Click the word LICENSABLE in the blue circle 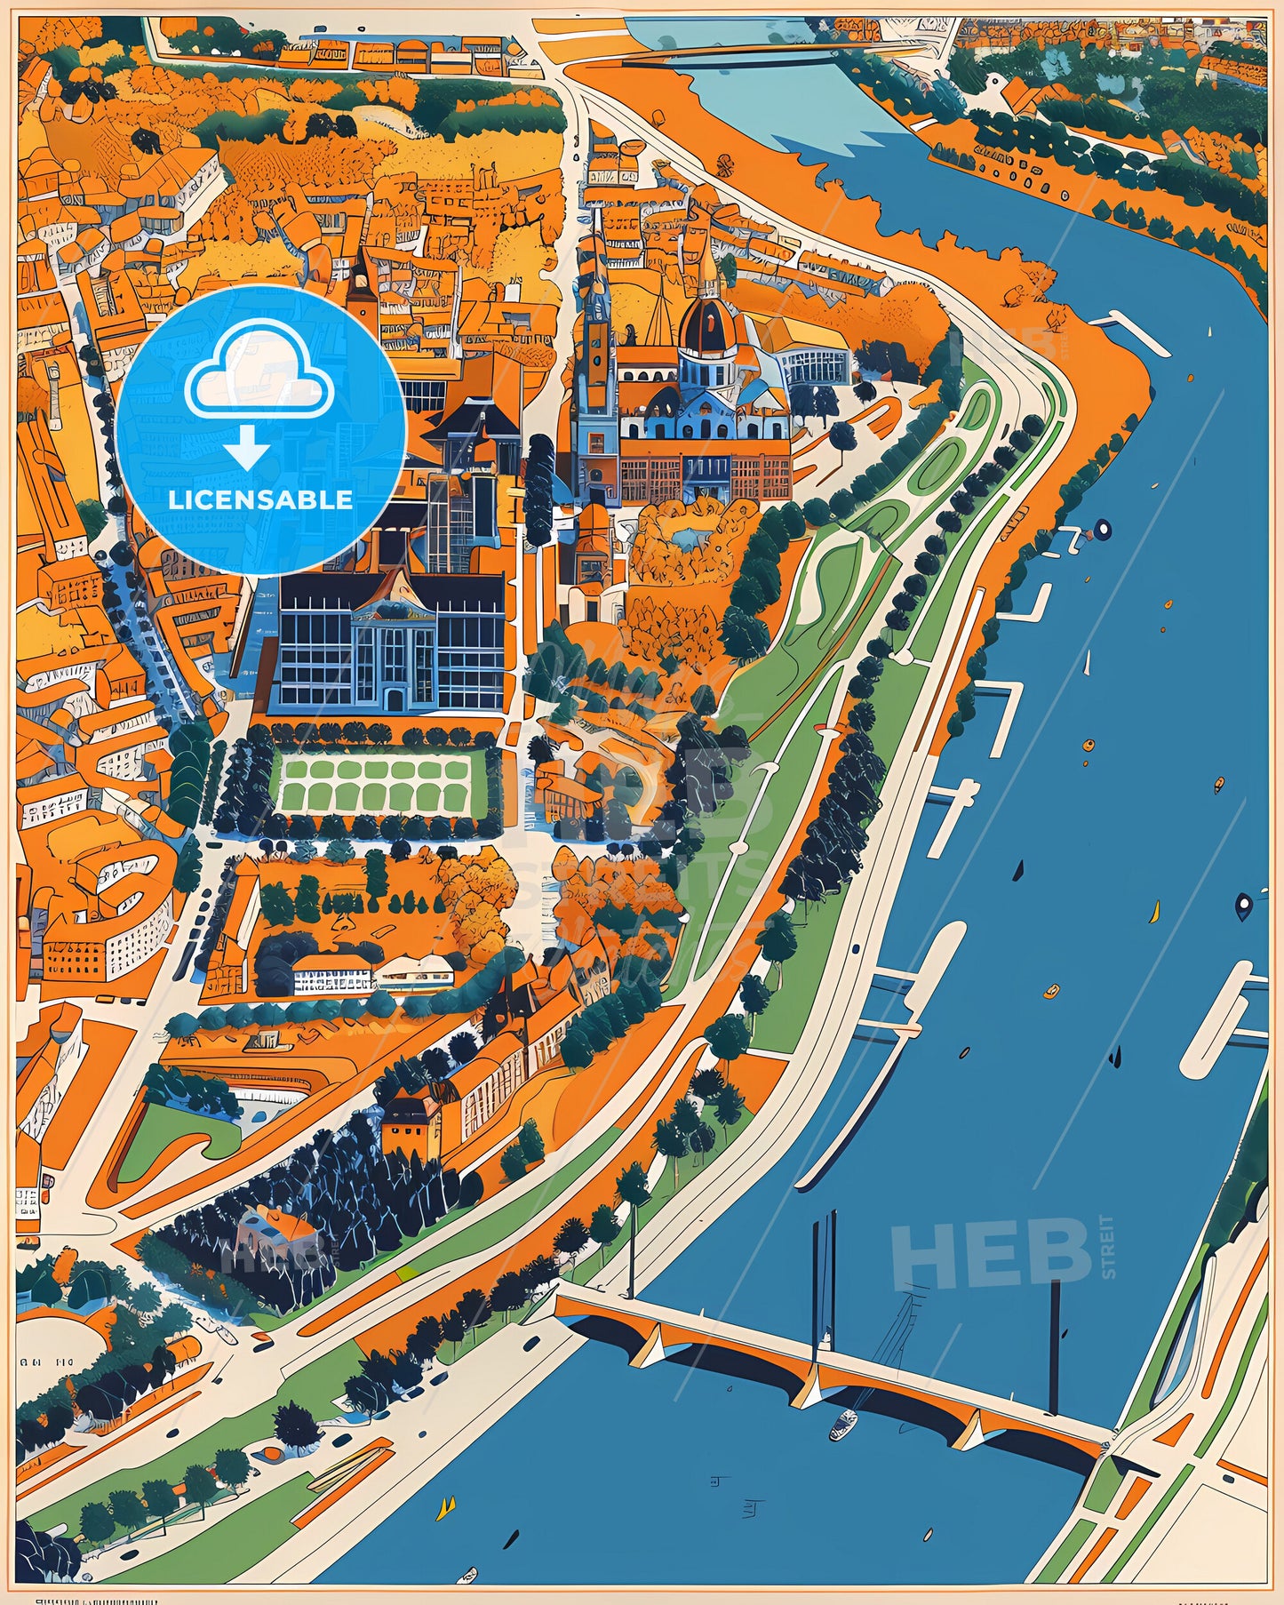click(x=260, y=499)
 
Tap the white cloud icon click(x=259, y=378)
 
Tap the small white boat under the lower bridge click(x=842, y=1425)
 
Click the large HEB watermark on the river click(x=992, y=1254)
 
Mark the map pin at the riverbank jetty click(x=1102, y=531)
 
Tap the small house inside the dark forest click(x=275, y=1231)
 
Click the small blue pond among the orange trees click(x=688, y=536)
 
